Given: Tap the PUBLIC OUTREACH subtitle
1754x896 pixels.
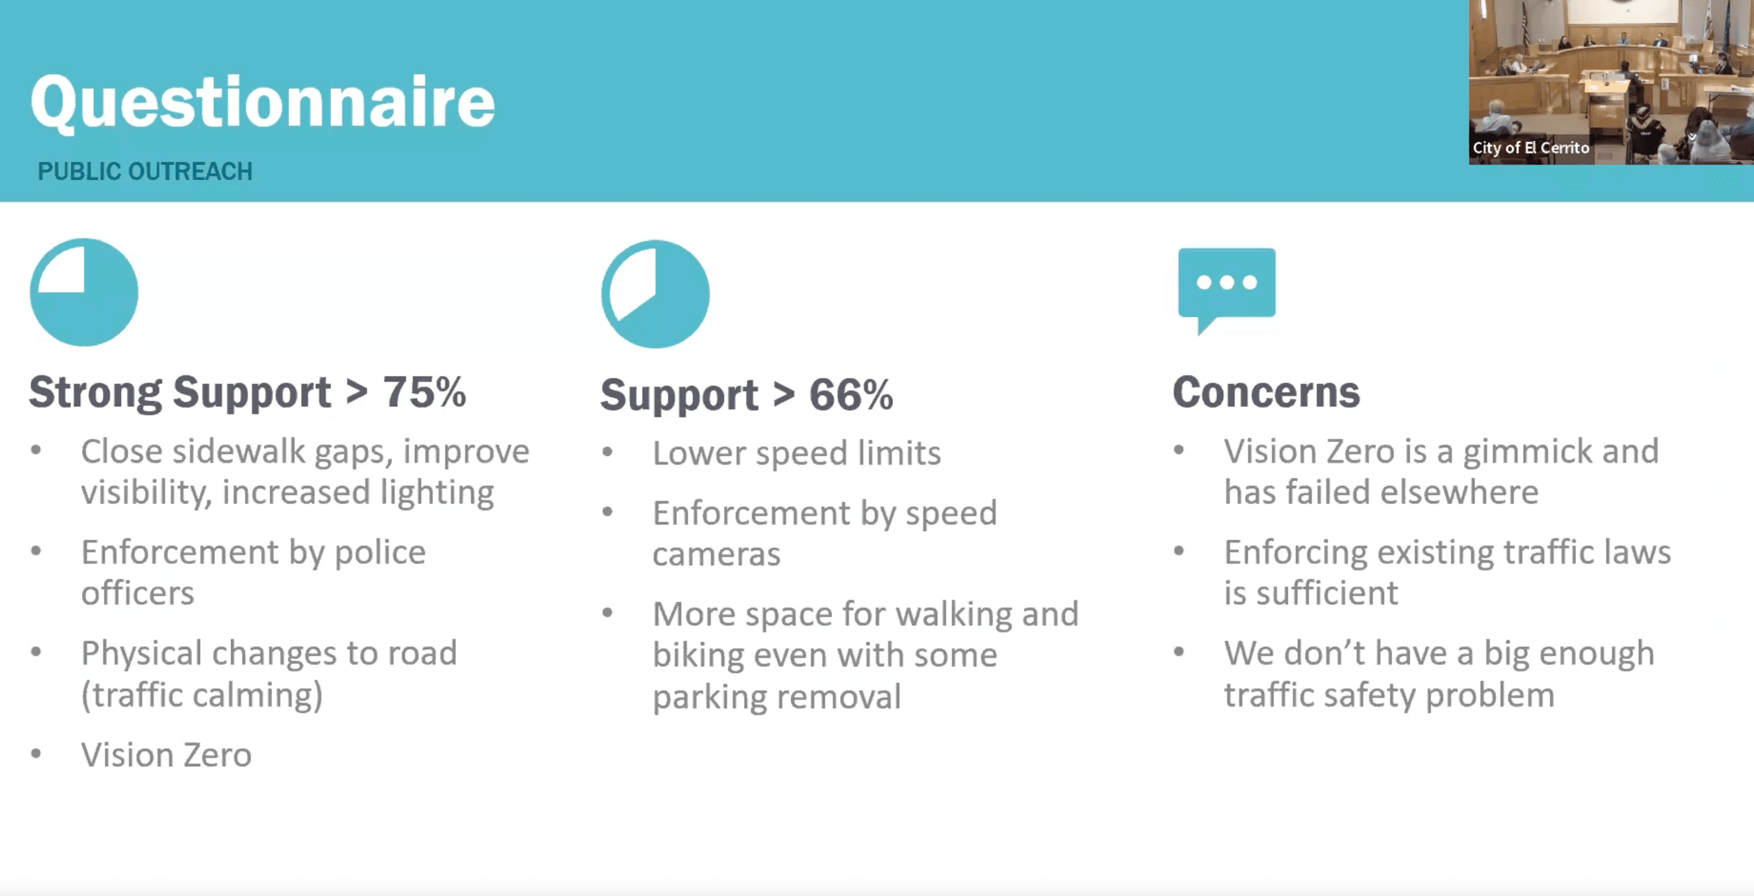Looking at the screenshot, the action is (145, 171).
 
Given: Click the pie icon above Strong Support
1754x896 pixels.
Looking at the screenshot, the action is (84, 292).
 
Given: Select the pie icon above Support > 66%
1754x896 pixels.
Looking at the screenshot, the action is (655, 293).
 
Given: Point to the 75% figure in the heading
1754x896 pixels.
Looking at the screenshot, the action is (424, 392).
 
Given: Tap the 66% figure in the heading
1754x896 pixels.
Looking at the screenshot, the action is (851, 395).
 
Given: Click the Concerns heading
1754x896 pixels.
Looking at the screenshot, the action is (1266, 392).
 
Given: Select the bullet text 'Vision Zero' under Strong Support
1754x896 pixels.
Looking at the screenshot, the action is (166, 754).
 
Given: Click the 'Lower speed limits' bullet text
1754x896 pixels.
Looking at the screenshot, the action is (797, 453).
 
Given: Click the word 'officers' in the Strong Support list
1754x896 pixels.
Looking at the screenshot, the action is (138, 593).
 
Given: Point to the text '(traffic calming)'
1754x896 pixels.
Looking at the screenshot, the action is (203, 695).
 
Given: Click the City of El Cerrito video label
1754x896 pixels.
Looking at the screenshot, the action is (1531, 148).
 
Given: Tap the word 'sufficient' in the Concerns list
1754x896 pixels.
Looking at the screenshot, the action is (1327, 593).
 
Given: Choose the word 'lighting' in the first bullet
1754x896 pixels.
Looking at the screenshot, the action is (437, 493).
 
